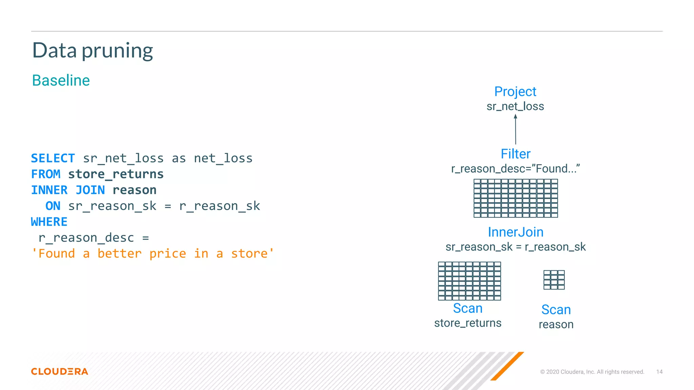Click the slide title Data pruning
point(93,51)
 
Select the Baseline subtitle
point(61,81)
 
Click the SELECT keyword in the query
point(53,158)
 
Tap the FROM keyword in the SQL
point(46,174)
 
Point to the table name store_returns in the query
point(116,174)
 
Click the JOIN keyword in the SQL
point(90,190)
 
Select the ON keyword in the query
point(53,206)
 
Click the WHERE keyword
point(49,222)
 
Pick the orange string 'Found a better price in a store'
point(152,254)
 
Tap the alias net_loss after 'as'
point(223,158)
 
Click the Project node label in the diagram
point(515,92)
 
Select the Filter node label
point(515,154)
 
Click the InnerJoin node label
point(515,232)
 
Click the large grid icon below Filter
point(515,198)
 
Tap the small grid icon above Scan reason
point(554,280)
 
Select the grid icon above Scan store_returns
point(469,281)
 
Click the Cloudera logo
point(60,372)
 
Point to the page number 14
point(659,372)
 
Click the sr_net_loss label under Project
point(515,107)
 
